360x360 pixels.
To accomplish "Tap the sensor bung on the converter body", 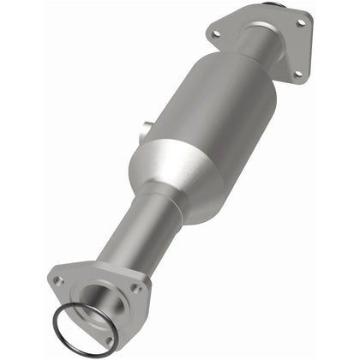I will pyautogui.click(x=146, y=130).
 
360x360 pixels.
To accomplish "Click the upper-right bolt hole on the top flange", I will pyautogui.click(x=300, y=22).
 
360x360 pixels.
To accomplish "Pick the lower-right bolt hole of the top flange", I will pyautogui.click(x=297, y=74).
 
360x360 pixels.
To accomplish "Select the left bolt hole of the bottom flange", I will pyautogui.click(x=58, y=280).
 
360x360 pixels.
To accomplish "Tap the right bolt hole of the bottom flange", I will pyautogui.click(x=137, y=290).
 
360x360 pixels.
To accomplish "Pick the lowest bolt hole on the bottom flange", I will pyautogui.click(x=109, y=341).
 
